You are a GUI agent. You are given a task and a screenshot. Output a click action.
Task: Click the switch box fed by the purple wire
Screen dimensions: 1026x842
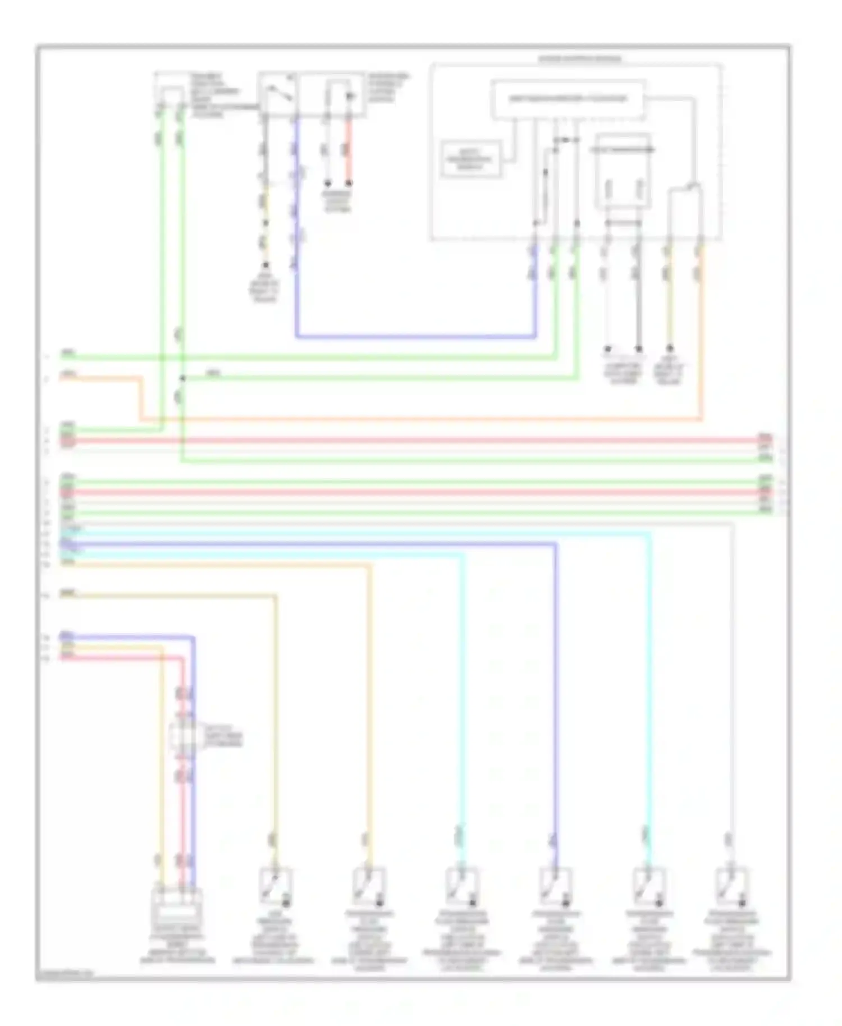tap(555, 886)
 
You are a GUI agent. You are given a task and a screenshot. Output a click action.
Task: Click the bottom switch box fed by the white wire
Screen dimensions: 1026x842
tap(731, 886)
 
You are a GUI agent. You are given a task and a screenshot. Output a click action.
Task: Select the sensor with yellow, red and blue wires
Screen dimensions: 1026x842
tap(177, 904)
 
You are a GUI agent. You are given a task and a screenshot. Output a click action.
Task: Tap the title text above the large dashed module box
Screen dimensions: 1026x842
tap(580, 59)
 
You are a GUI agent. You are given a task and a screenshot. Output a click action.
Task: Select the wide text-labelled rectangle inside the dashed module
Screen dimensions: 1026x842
tap(568, 99)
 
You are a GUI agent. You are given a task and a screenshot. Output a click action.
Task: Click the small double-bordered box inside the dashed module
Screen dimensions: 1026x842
tap(471, 159)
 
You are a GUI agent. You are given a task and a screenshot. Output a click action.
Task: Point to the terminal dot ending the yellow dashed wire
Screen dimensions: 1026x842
tap(266, 264)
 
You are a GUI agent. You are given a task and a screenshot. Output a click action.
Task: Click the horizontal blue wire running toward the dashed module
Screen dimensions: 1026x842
tap(415, 337)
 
